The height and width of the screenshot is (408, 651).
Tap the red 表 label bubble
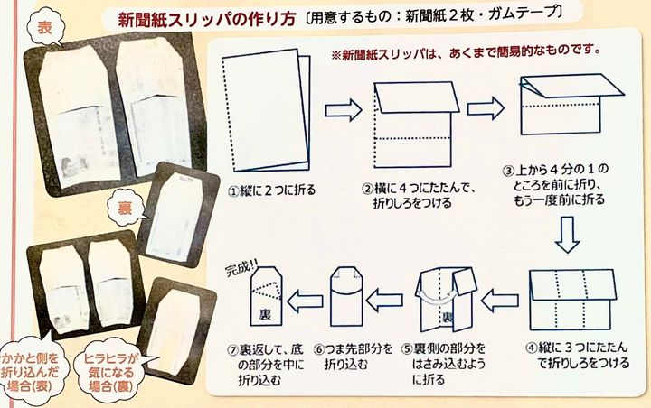coord(42,30)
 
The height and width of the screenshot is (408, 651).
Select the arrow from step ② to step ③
coord(486,109)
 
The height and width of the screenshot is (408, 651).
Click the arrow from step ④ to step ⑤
coord(500,297)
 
